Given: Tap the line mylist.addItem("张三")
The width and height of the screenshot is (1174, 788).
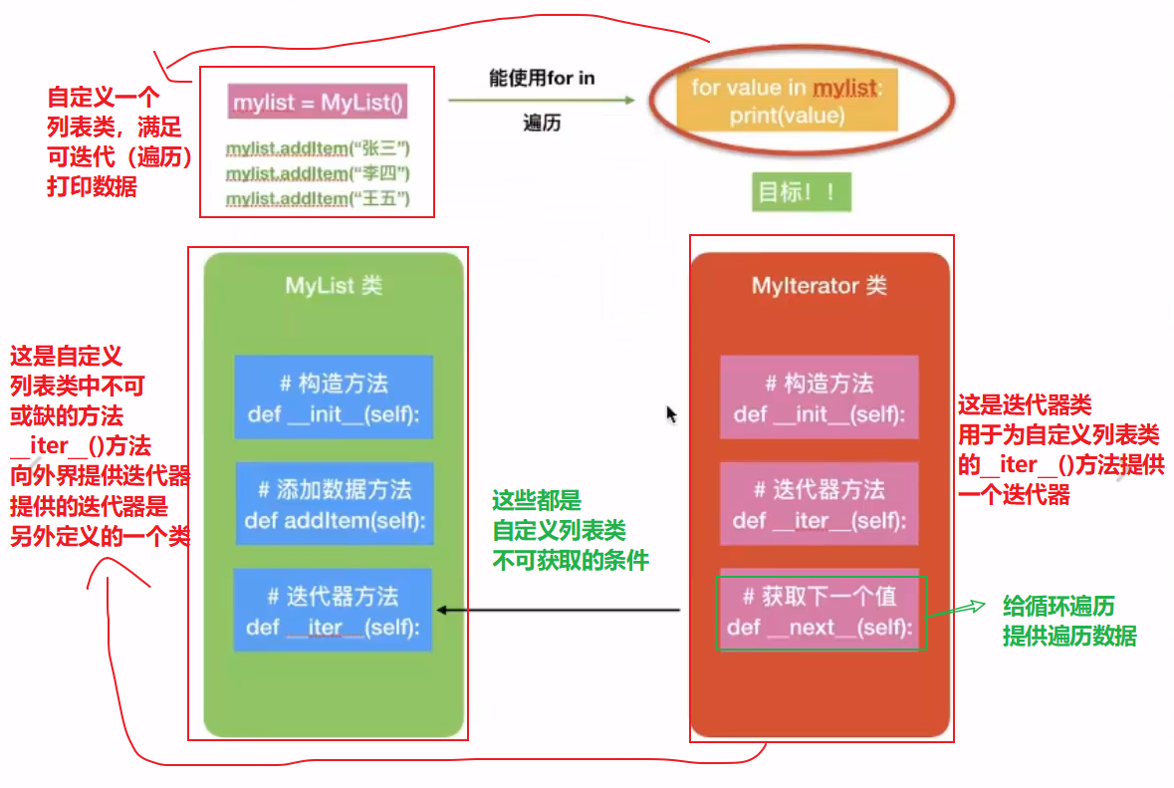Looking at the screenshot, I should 318,148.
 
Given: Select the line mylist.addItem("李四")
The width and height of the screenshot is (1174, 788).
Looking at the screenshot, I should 318,173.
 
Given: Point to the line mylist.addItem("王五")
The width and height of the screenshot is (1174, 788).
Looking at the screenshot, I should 318,199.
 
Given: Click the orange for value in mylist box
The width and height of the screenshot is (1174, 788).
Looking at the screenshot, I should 787,102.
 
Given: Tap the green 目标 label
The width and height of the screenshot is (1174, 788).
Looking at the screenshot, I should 802,192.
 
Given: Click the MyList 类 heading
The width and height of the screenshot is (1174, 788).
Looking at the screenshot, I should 334,286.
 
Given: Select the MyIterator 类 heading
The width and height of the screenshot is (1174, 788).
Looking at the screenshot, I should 819,286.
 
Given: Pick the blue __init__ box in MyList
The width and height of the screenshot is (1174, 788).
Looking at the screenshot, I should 334,396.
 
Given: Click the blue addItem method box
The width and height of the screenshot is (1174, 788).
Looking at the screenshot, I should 335,504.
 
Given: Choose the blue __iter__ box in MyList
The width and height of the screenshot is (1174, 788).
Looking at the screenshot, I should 333,611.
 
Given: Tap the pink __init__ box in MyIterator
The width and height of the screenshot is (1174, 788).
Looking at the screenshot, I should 819,396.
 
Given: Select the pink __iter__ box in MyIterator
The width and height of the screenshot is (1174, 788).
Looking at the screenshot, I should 819,504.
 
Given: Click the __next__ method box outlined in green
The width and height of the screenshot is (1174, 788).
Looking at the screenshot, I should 820,612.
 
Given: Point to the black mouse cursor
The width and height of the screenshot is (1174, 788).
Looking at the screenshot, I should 671,413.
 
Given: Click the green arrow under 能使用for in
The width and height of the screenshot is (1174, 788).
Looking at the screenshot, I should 541,100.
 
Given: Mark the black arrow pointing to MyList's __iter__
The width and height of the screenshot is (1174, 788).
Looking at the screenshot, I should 558,611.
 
